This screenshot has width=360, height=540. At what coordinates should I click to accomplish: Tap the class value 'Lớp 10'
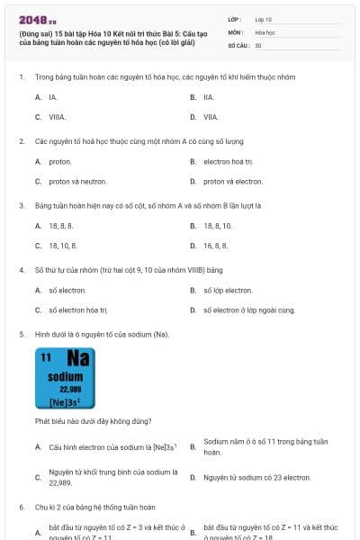click(264, 19)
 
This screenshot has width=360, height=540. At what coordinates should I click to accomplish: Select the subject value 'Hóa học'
click(265, 31)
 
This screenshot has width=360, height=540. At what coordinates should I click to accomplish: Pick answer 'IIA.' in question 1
click(209, 96)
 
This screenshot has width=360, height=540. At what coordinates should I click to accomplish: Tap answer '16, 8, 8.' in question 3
click(215, 245)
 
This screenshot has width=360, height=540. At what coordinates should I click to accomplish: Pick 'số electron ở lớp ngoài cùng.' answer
click(248, 310)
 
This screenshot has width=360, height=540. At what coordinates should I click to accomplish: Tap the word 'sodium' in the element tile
click(66, 377)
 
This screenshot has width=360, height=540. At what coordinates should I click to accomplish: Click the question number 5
click(22, 334)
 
